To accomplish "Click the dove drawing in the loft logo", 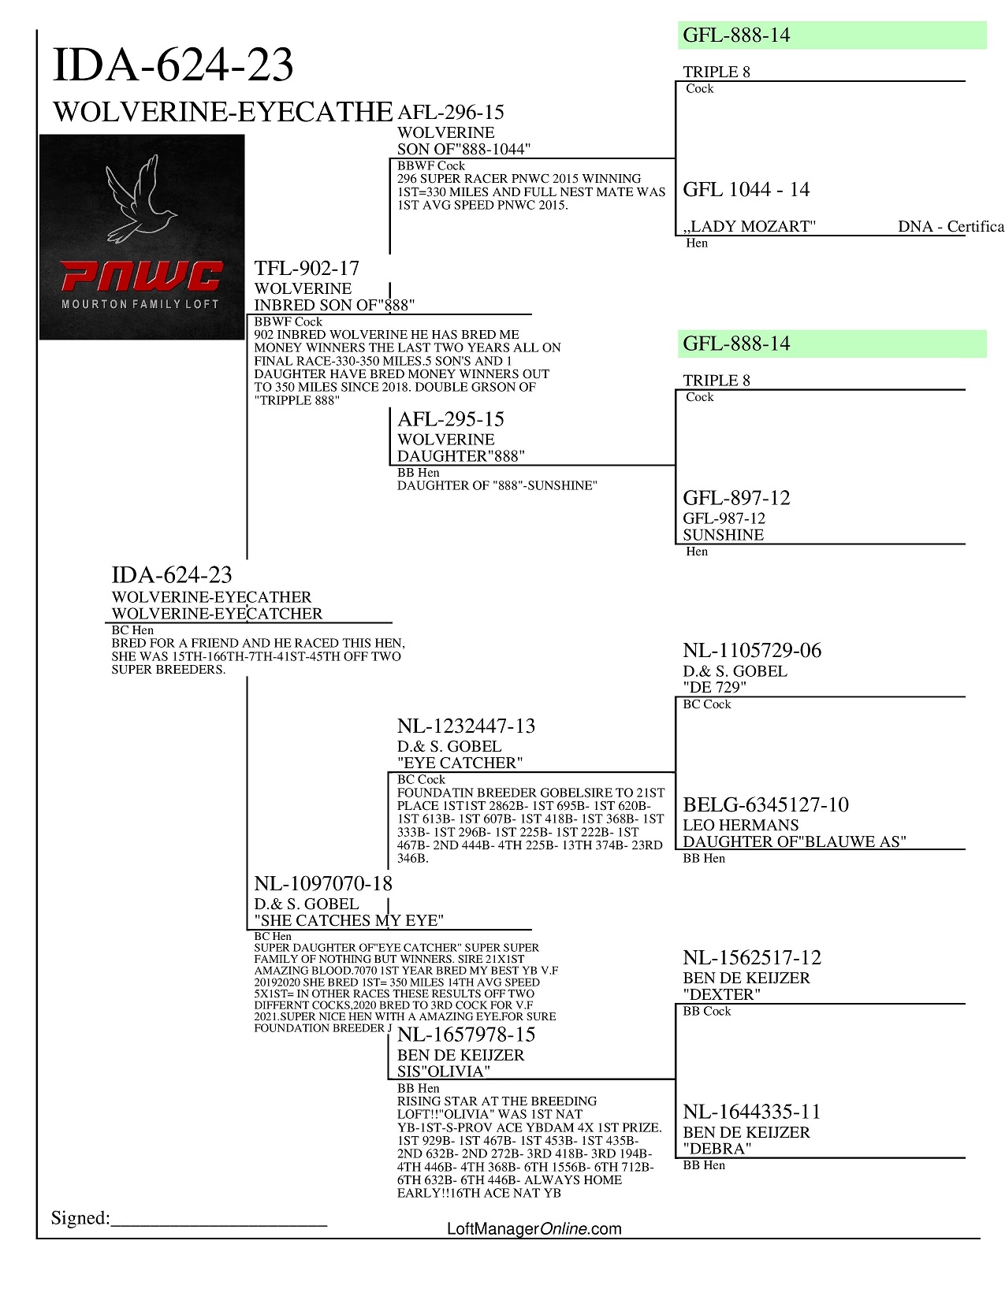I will [x=142, y=199].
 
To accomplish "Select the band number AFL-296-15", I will [x=450, y=113].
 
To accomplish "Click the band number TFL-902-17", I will [x=307, y=269].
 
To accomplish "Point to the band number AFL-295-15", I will [x=450, y=420].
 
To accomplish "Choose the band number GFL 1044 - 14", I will [x=746, y=190].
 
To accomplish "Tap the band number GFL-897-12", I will [x=736, y=498].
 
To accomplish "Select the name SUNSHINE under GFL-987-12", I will [x=723, y=535].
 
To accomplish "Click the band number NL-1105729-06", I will [x=751, y=651].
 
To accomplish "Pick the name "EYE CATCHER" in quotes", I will [x=460, y=763].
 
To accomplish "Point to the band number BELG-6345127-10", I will [x=765, y=805].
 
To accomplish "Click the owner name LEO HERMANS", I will [x=740, y=825].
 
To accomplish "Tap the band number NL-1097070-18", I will [x=323, y=884].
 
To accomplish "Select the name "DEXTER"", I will [x=721, y=994].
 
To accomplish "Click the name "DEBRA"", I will [x=717, y=1149].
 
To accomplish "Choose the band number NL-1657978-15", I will [x=466, y=1035].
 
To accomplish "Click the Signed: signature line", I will [x=218, y=1220].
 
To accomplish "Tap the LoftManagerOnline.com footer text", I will [x=534, y=1229].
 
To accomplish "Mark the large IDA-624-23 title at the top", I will [x=173, y=65].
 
